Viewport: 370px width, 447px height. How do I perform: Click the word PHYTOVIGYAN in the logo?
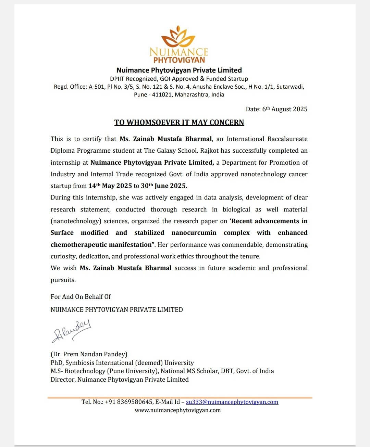tap(179, 60)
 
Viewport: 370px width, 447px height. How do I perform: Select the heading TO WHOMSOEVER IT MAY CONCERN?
tap(179, 123)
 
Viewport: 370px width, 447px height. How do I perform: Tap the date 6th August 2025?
tap(285, 109)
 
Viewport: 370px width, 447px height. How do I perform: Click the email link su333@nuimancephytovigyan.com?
tap(232, 402)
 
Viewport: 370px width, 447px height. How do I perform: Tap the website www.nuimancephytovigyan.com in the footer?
tap(177, 410)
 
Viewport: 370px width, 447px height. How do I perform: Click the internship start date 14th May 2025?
tap(110, 186)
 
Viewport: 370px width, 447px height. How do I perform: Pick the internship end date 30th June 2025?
tap(164, 186)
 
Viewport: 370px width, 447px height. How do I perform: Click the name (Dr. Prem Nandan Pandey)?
tap(89, 354)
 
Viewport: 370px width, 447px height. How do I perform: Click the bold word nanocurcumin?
tap(194, 233)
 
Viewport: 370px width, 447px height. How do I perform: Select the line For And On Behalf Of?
tap(81, 297)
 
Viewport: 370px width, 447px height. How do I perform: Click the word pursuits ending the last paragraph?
tap(63, 280)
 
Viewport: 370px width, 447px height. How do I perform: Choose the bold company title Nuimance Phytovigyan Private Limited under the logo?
tap(179, 70)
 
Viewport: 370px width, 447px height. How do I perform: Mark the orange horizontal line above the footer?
tap(180, 398)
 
